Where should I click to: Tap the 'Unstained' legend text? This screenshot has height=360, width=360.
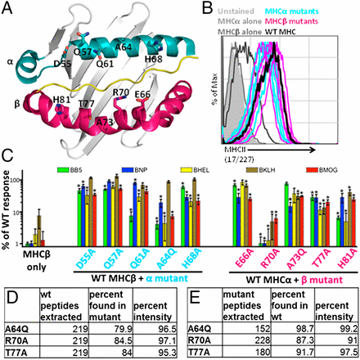(245, 7)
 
